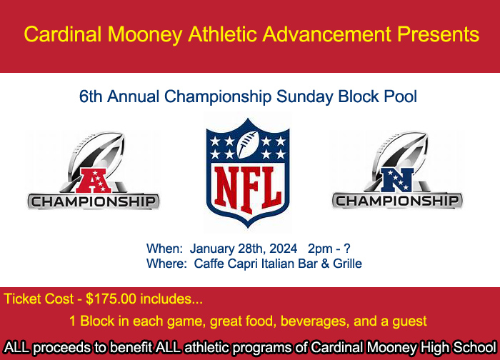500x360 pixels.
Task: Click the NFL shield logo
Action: tap(248, 173)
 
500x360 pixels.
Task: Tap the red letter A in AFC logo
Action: tap(93, 181)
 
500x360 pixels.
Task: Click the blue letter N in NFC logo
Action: tap(397, 180)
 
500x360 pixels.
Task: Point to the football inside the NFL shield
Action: tap(247, 144)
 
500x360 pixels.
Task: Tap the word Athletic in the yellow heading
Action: tap(223, 34)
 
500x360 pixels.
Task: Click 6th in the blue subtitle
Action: tap(91, 96)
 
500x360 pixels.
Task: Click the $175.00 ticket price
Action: tap(111, 299)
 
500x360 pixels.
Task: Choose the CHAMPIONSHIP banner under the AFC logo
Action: tap(94, 202)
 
